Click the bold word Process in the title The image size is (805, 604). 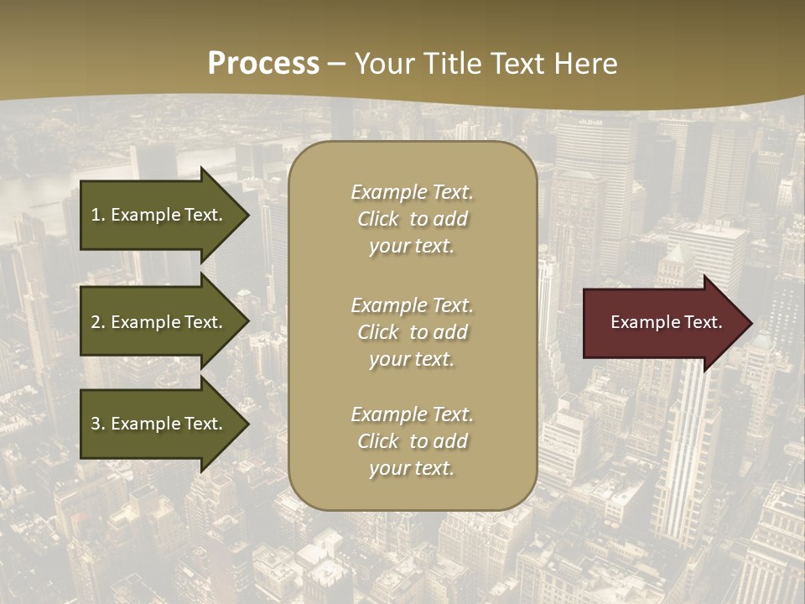(x=263, y=64)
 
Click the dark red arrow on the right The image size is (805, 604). (x=662, y=323)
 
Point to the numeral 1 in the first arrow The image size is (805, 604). (x=96, y=215)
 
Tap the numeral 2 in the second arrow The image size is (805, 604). (x=96, y=322)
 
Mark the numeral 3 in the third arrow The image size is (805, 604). (x=96, y=424)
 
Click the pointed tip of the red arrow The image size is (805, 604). (x=750, y=323)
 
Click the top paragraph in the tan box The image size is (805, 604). (x=412, y=219)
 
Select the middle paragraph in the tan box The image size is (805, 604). (x=412, y=332)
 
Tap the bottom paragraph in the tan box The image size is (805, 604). (x=412, y=441)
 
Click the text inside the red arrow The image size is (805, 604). (x=666, y=322)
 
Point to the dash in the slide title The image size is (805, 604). (x=336, y=64)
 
